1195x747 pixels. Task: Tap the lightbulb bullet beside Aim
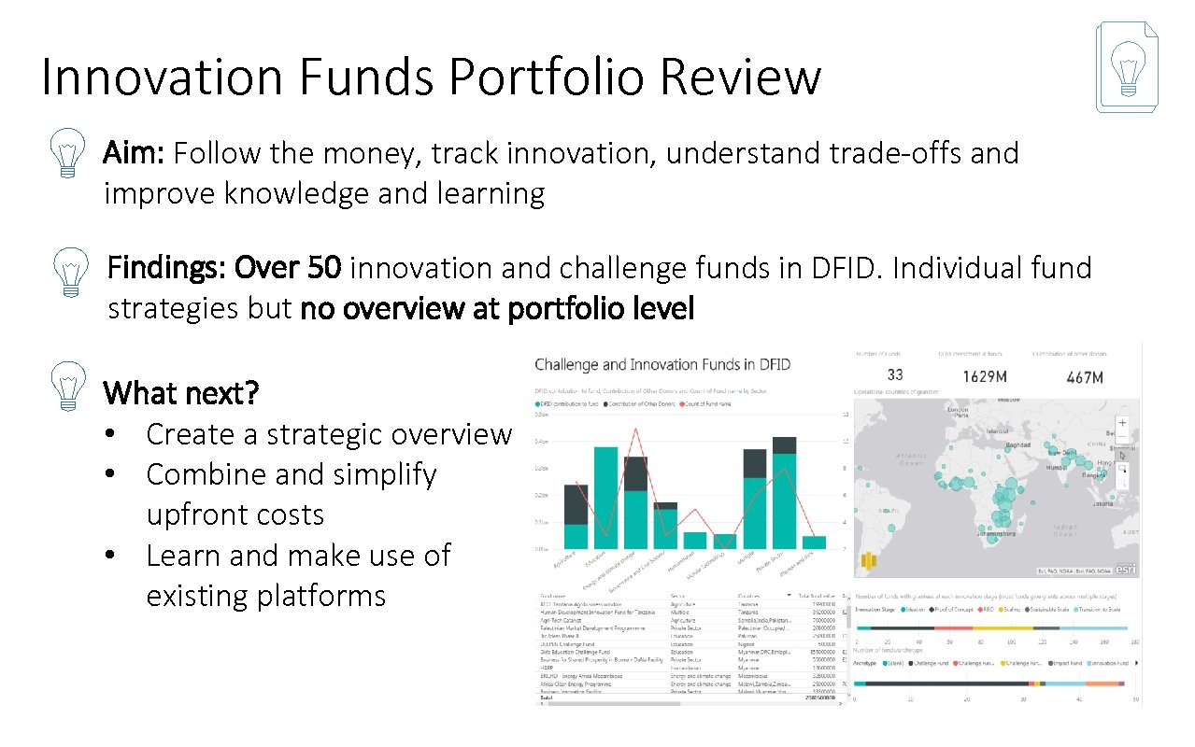pyautogui.click(x=67, y=154)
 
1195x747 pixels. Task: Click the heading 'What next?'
pyautogui.click(x=181, y=393)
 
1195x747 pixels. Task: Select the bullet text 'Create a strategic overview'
pyautogui.click(x=329, y=434)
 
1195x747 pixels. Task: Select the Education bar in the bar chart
pyautogui.click(x=605, y=498)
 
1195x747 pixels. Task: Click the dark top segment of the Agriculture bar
pyautogui.click(x=576, y=505)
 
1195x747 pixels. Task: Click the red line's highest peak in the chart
pyautogui.click(x=636, y=430)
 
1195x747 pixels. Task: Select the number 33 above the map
pyautogui.click(x=894, y=375)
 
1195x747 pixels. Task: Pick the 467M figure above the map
pyautogui.click(x=1084, y=376)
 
